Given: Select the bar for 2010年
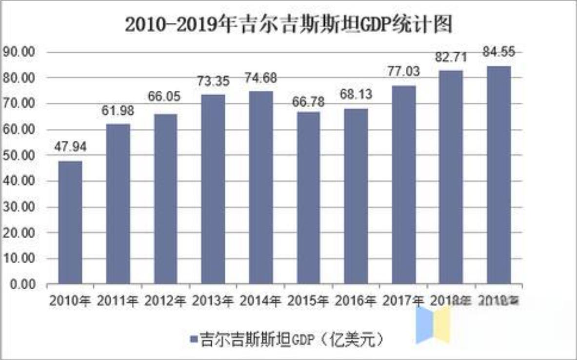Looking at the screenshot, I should [70, 222].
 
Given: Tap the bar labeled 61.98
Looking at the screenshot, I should [118, 204].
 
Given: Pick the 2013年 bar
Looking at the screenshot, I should [213, 189].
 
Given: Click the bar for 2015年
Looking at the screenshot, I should [308, 198].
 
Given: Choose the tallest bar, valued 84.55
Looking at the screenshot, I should [498, 175].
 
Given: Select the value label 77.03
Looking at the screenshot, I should [403, 72].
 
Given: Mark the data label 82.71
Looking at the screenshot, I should [451, 57].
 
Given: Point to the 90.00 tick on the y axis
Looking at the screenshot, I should [20, 52].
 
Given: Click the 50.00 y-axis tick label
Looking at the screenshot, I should [20, 155].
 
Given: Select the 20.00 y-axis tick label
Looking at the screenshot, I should [20, 233].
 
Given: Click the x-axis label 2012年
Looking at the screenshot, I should [165, 301].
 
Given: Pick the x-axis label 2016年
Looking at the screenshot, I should [356, 301].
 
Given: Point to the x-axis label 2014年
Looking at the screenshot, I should [260, 301].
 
